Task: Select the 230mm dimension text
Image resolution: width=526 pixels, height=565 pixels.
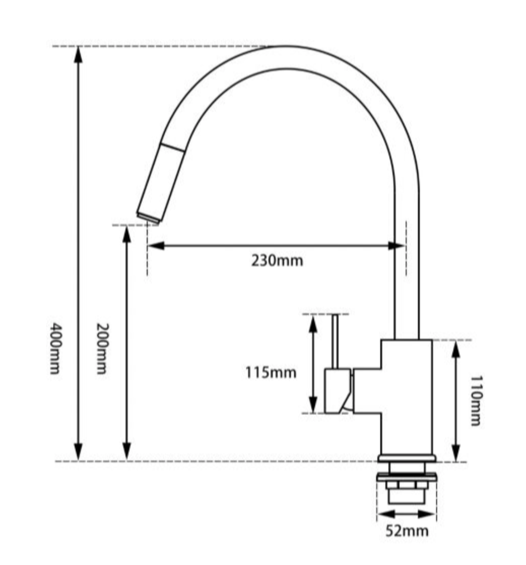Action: (277, 260)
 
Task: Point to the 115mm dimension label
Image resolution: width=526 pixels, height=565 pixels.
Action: (271, 372)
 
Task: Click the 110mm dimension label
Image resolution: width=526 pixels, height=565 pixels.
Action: (475, 400)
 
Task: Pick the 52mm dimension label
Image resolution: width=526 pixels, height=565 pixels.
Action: (407, 530)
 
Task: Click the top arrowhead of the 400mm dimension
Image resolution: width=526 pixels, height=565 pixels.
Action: (78, 54)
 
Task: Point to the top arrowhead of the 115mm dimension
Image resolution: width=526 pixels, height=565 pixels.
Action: (313, 323)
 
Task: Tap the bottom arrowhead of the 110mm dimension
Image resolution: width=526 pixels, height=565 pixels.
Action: (456, 453)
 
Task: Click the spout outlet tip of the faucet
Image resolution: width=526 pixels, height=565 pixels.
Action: (148, 217)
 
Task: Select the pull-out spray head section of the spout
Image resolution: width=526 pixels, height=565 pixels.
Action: (161, 179)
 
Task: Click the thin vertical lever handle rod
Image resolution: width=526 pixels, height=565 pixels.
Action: (334, 341)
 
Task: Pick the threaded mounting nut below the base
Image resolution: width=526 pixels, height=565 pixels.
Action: (407, 486)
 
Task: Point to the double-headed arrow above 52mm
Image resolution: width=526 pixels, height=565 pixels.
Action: (407, 514)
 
